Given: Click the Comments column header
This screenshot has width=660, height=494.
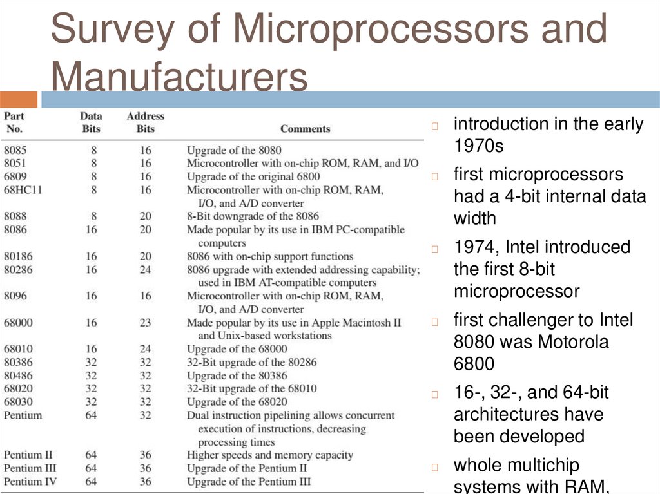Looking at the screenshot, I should point(305,129).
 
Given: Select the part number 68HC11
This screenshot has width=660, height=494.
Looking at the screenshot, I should point(23,190).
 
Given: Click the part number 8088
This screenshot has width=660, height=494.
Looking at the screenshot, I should point(15,216).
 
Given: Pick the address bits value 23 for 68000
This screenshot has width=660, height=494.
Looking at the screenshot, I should point(146,322).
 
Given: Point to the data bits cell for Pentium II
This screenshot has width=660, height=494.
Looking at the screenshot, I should point(91,455).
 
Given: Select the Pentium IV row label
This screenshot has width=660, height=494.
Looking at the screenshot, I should point(32,482).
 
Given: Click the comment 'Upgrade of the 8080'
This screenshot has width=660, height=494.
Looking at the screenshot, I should point(234,151).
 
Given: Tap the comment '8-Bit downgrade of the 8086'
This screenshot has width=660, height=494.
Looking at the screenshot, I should point(253,216).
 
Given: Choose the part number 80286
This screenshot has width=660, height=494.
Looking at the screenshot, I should point(19,269).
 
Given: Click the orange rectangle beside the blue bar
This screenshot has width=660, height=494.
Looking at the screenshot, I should point(19,100).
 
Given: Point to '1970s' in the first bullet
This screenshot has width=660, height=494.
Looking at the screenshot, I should point(479,146).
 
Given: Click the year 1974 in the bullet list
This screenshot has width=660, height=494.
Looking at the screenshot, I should point(476,247).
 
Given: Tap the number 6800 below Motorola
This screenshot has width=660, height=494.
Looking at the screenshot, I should point(474,364).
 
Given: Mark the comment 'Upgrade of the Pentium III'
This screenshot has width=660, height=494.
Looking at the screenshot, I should point(249,482).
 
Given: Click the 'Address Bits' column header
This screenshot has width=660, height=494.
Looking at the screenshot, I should point(146,122).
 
